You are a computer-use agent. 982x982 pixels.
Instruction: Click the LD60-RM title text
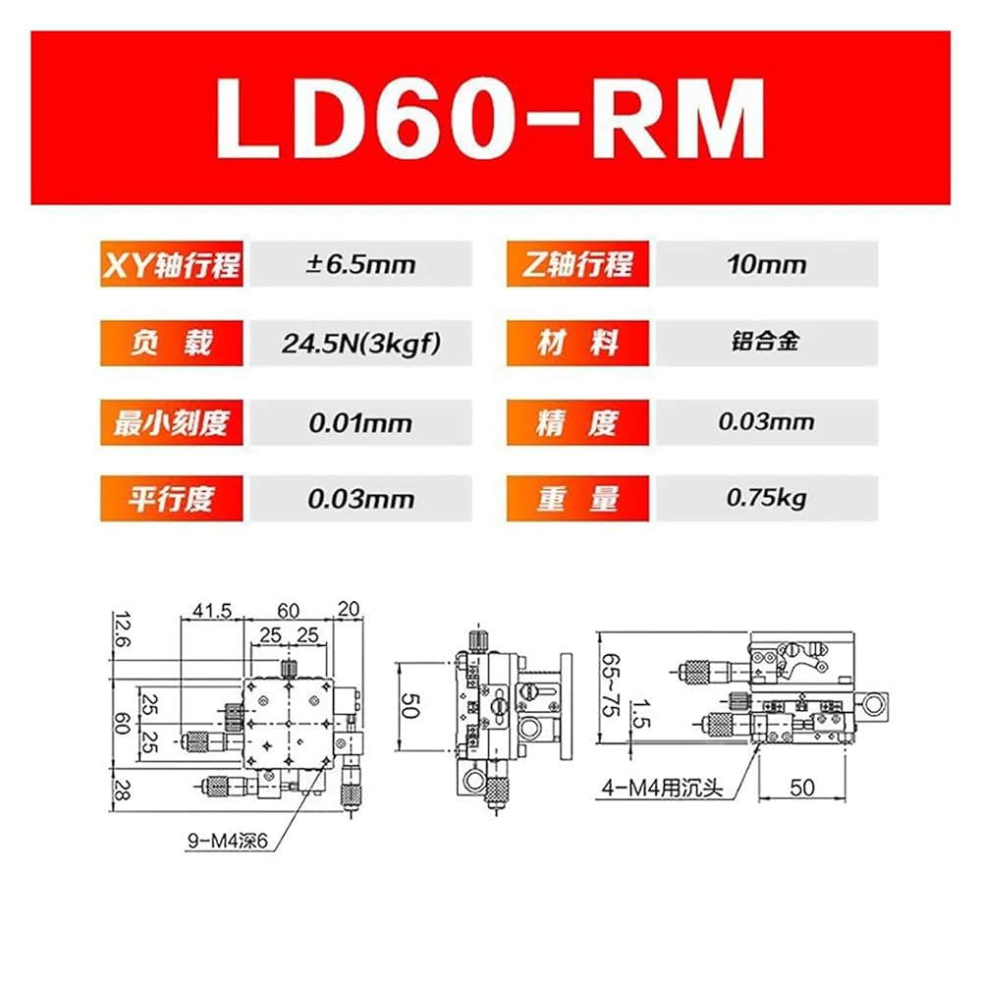click(490, 119)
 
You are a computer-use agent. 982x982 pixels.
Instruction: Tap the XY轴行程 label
click(172, 264)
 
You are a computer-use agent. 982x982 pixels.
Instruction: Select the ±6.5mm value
click(360, 264)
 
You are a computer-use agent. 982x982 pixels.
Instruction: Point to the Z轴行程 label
click(577, 264)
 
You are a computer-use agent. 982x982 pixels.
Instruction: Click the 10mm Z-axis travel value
click(767, 264)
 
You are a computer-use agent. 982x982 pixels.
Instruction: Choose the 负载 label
click(172, 343)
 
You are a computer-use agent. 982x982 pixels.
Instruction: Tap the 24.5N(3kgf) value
click(360, 343)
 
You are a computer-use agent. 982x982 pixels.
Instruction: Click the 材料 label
click(577, 343)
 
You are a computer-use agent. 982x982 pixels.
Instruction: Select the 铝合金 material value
click(765, 342)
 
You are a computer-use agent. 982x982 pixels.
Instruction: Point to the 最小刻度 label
click(172, 422)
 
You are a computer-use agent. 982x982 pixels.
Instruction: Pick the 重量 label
click(577, 499)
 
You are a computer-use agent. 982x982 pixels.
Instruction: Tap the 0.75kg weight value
click(767, 499)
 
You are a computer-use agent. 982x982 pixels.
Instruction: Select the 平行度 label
click(172, 499)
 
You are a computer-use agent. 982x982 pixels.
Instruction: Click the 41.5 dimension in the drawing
click(212, 610)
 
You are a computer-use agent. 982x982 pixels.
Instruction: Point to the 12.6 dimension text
click(123, 629)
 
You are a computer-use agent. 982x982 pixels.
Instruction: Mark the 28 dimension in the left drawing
click(122, 790)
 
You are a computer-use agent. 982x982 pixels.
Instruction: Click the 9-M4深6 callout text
click(228, 841)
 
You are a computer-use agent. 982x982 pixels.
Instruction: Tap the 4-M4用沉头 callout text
click(662, 788)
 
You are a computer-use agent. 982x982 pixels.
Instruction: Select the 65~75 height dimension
click(611, 684)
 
